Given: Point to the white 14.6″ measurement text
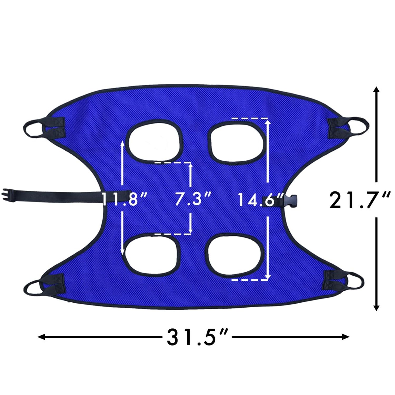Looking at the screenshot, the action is click(261, 199).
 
